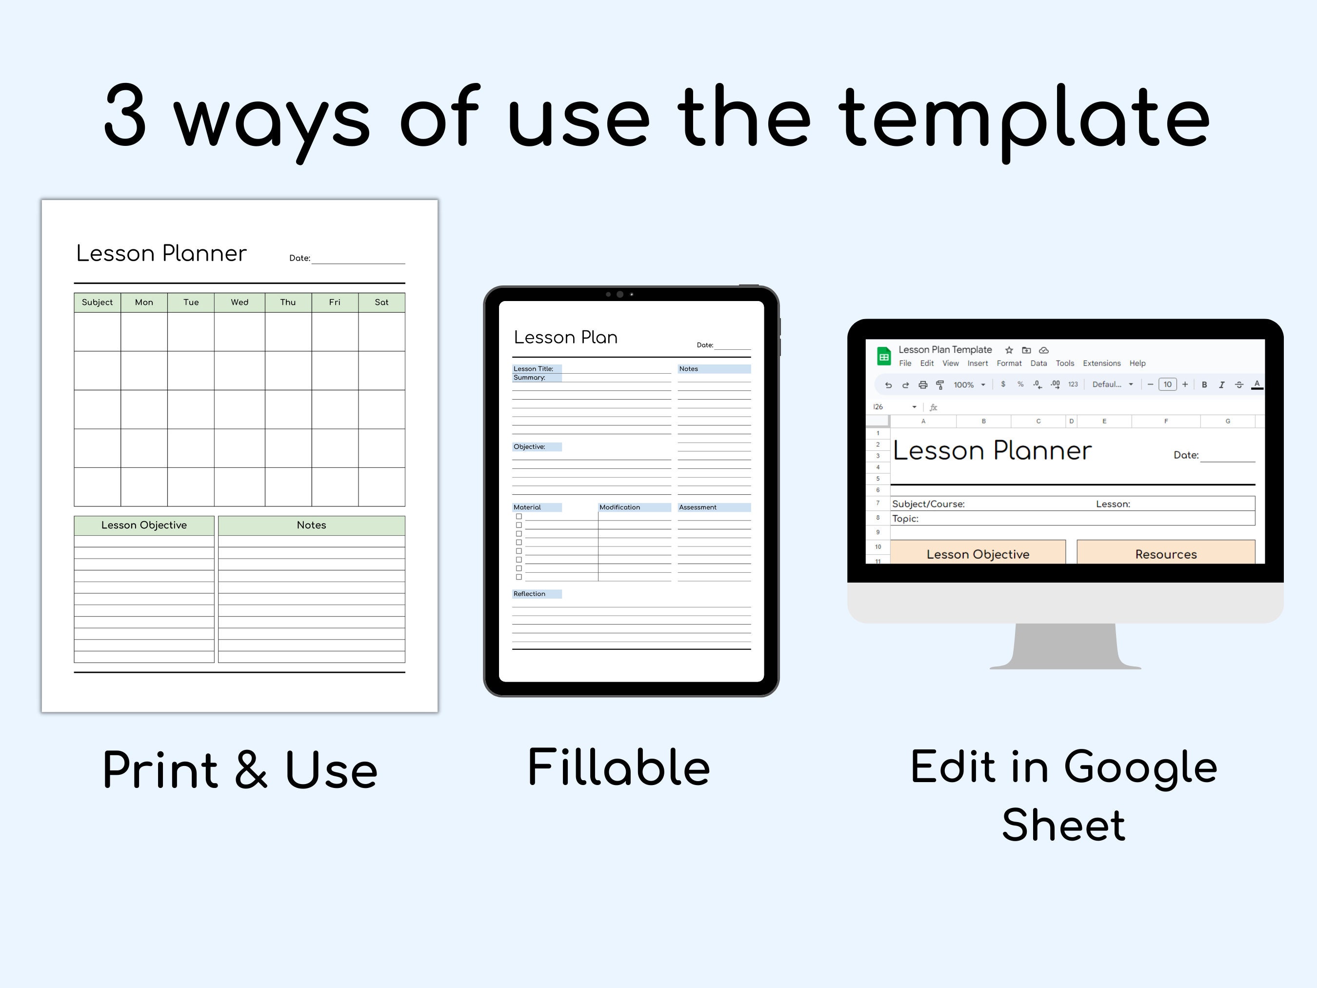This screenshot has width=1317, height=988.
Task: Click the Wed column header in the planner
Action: coord(239,302)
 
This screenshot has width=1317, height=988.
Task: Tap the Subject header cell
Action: coord(97,302)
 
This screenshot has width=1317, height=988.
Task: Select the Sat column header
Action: coord(381,302)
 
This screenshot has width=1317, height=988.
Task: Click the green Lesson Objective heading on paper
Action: coord(143,524)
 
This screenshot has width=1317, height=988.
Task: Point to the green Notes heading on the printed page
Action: coord(311,524)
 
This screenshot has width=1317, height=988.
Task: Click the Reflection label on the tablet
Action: coord(529,594)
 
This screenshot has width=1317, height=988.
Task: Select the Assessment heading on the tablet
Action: coord(698,507)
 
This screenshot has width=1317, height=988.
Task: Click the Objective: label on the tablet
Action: coord(529,446)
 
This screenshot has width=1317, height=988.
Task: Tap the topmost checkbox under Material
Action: coord(519,516)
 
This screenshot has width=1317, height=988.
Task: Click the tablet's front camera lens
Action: coord(620,294)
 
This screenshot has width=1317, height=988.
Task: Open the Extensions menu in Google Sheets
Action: coord(1101,363)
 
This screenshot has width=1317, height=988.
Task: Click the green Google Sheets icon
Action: coord(883,356)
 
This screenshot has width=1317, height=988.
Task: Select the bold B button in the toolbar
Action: coord(1204,385)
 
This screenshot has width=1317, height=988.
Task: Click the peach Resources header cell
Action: coord(1165,554)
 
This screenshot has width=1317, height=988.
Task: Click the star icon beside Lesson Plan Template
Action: coord(1009,350)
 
